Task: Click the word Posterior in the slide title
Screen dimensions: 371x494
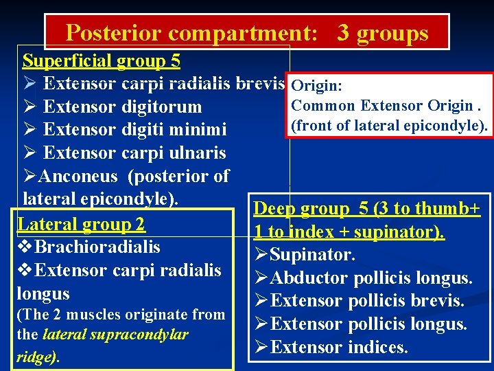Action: [x=113, y=33]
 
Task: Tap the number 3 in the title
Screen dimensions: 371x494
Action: [x=343, y=33]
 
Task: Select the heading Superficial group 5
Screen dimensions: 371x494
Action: [x=102, y=61]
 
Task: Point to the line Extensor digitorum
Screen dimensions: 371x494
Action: [x=122, y=107]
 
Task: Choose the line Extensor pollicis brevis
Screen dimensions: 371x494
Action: [x=367, y=301]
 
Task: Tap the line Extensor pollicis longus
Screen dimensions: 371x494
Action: [x=368, y=324]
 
